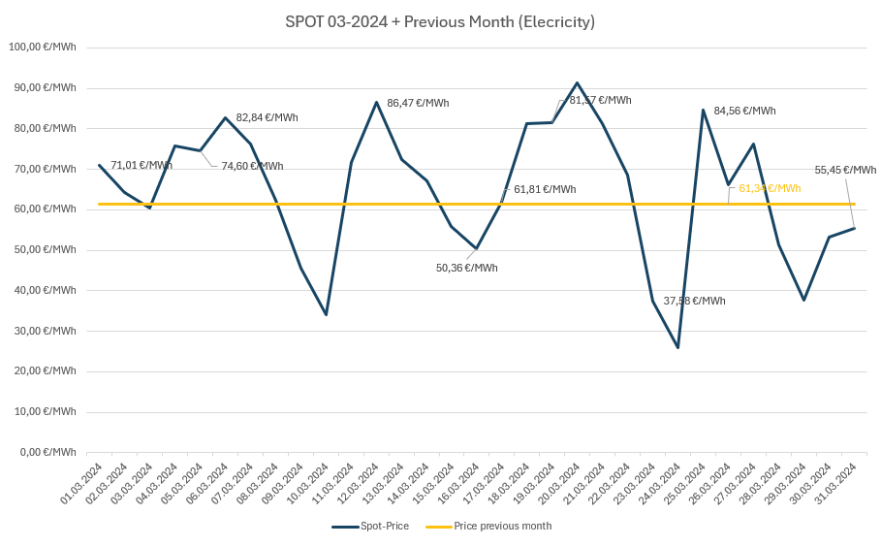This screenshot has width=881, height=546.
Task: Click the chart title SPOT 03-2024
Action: pos(440,21)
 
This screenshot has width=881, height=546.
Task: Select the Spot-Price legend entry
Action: pos(370,526)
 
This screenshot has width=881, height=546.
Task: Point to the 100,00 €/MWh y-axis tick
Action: pos(43,47)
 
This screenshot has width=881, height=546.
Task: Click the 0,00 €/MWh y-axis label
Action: pos(48,452)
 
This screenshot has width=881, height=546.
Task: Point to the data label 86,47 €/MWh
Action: pos(418,103)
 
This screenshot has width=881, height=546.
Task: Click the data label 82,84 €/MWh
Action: pos(267,117)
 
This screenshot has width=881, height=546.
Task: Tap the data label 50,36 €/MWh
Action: pos(466,268)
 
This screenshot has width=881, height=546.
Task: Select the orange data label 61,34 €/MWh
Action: pos(770,188)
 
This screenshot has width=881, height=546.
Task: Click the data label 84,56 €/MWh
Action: pos(744,111)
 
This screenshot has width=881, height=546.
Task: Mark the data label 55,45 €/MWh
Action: pos(845,170)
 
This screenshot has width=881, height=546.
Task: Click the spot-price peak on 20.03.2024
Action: pos(577,82)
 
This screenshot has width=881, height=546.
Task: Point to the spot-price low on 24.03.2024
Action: pos(677,347)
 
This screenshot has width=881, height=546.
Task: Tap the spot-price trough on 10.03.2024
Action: pos(326,314)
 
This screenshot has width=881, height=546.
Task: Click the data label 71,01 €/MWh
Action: pos(142,165)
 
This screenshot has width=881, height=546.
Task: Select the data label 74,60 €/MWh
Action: pos(252,166)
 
